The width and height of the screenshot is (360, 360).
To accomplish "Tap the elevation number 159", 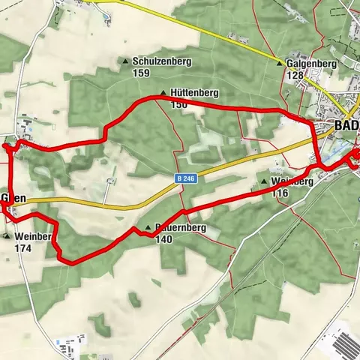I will (x=141, y=73).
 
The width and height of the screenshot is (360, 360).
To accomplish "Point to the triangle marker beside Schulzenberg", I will (x=125, y=61).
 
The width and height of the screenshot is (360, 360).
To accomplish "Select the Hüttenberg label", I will (x=193, y=93).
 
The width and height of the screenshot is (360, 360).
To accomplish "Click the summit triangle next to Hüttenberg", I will (x=163, y=93).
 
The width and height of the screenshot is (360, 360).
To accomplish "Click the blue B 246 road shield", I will (x=187, y=178).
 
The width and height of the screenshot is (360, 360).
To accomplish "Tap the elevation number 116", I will (x=280, y=193).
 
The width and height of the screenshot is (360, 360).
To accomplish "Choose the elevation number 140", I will (x=164, y=239).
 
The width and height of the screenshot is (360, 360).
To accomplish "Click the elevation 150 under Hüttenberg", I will (x=178, y=104).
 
